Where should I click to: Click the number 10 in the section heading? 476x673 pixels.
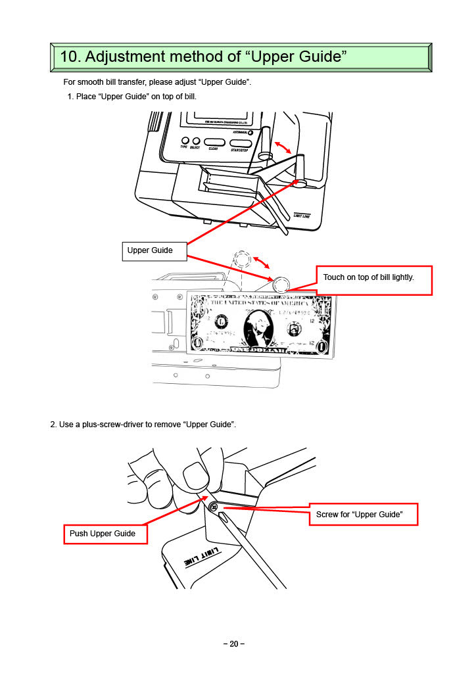69,57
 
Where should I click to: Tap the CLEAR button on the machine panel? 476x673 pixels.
214,141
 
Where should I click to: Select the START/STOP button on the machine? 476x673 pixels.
241,143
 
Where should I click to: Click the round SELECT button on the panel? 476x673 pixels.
196,141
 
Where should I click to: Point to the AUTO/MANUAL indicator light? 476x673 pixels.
250,132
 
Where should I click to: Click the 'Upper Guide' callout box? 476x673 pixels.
155,250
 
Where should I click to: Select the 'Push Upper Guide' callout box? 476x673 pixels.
105,534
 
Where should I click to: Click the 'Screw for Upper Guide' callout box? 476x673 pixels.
363,514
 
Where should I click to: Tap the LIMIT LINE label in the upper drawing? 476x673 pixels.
302,215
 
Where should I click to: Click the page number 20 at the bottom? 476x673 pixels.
233,644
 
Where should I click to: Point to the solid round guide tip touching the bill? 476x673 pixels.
281,285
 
